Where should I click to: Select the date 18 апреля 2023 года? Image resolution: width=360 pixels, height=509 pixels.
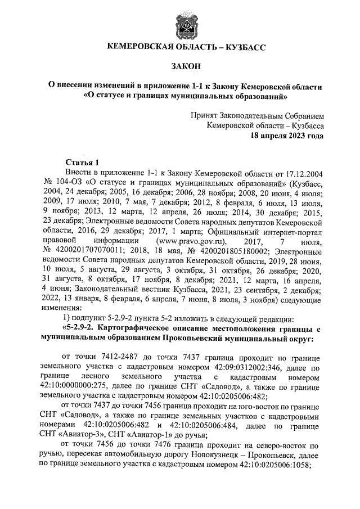(287, 136)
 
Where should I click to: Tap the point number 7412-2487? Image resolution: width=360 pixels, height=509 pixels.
(119, 358)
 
